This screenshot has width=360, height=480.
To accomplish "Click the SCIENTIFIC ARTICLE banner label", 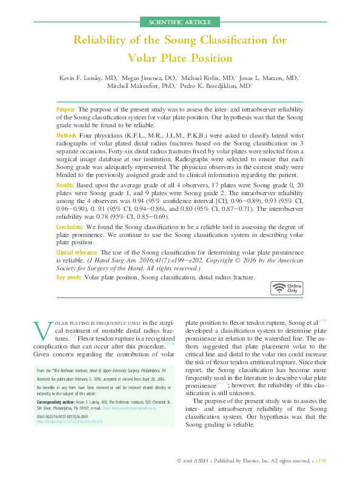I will (179, 22).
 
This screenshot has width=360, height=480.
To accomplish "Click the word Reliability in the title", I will (103, 41).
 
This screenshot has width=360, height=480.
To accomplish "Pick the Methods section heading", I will (66, 133).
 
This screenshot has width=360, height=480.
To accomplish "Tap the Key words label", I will (68, 277).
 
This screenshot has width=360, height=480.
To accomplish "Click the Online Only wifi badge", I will (286, 288).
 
